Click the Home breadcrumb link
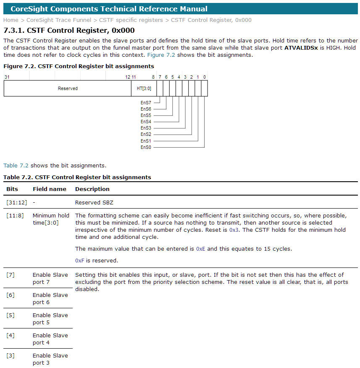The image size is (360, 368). [x=11, y=20]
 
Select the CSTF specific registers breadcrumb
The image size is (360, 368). [x=131, y=20]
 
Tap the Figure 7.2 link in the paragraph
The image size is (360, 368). [x=161, y=55]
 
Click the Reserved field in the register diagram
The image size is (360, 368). [x=68, y=88]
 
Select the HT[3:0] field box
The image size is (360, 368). [x=144, y=88]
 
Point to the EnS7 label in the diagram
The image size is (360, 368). [x=146, y=102]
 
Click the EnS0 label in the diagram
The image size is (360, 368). [x=146, y=147]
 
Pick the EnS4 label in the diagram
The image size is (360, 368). [x=146, y=122]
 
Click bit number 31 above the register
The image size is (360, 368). [x=7, y=77]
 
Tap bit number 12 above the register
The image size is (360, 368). [x=128, y=77]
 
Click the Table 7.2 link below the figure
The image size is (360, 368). [x=16, y=165]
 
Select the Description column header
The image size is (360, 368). [x=92, y=189]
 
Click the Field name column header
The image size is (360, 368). [x=50, y=189]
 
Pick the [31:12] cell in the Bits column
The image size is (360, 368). [x=16, y=202]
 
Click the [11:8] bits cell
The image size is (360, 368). [x=15, y=215]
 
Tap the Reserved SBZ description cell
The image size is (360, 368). [x=94, y=202]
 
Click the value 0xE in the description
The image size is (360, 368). [x=201, y=249]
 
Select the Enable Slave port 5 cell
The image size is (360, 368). [x=50, y=318]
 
